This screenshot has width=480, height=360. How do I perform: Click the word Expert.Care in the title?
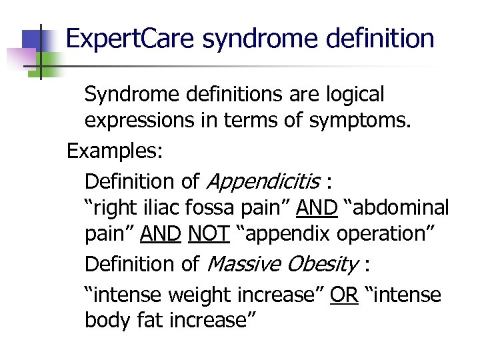pos(131,39)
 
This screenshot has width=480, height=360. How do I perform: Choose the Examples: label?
pos(114,151)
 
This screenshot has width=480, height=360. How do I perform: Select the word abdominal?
pos(399,208)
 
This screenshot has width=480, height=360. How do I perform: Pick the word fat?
pos(149,321)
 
